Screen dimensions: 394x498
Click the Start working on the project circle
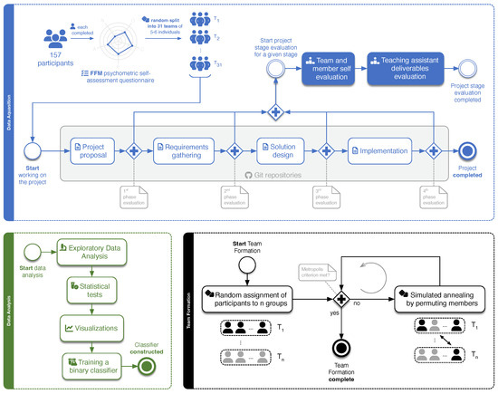pos(34,149)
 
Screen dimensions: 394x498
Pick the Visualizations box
pos(93,325)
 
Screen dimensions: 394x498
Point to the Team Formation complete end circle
pos(343,346)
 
